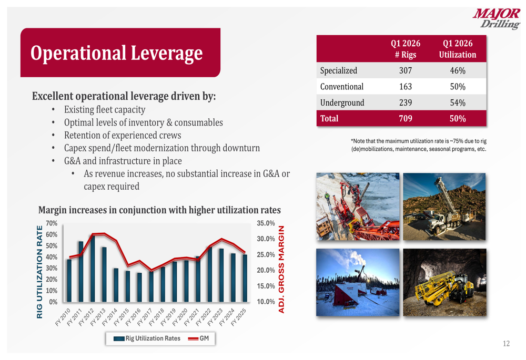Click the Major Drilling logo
pyautogui.click(x=497, y=19)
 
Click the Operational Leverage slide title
pyautogui.click(x=116, y=53)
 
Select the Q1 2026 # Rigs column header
pyautogui.click(x=406, y=49)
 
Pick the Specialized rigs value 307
pyautogui.click(x=406, y=71)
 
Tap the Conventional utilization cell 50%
pyautogui.click(x=458, y=87)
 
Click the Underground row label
pyautogui.click(x=342, y=103)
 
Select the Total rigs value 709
pyautogui.click(x=406, y=119)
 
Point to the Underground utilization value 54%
pyautogui.click(x=458, y=103)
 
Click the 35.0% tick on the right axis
pyautogui.click(x=266, y=223)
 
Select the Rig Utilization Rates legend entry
pyautogui.click(x=147, y=338)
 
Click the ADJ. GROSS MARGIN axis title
pyautogui.click(x=281, y=269)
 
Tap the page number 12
pyautogui.click(x=506, y=344)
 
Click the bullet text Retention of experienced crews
pyautogui.click(x=122, y=135)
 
